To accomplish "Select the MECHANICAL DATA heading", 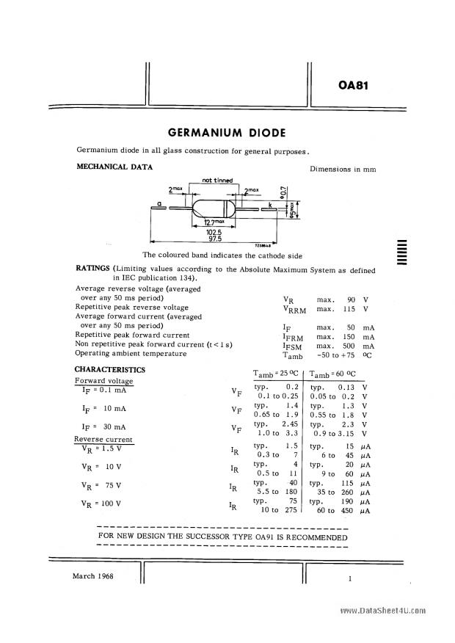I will (x=114, y=167).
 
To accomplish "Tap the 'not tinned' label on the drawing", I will (x=217, y=181).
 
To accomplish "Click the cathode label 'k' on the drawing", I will (x=270, y=204).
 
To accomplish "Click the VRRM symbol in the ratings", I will (x=293, y=309).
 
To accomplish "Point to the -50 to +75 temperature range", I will (x=337, y=355).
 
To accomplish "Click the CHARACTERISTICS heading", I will (x=110, y=369).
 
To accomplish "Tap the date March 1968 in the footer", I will (x=93, y=577).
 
